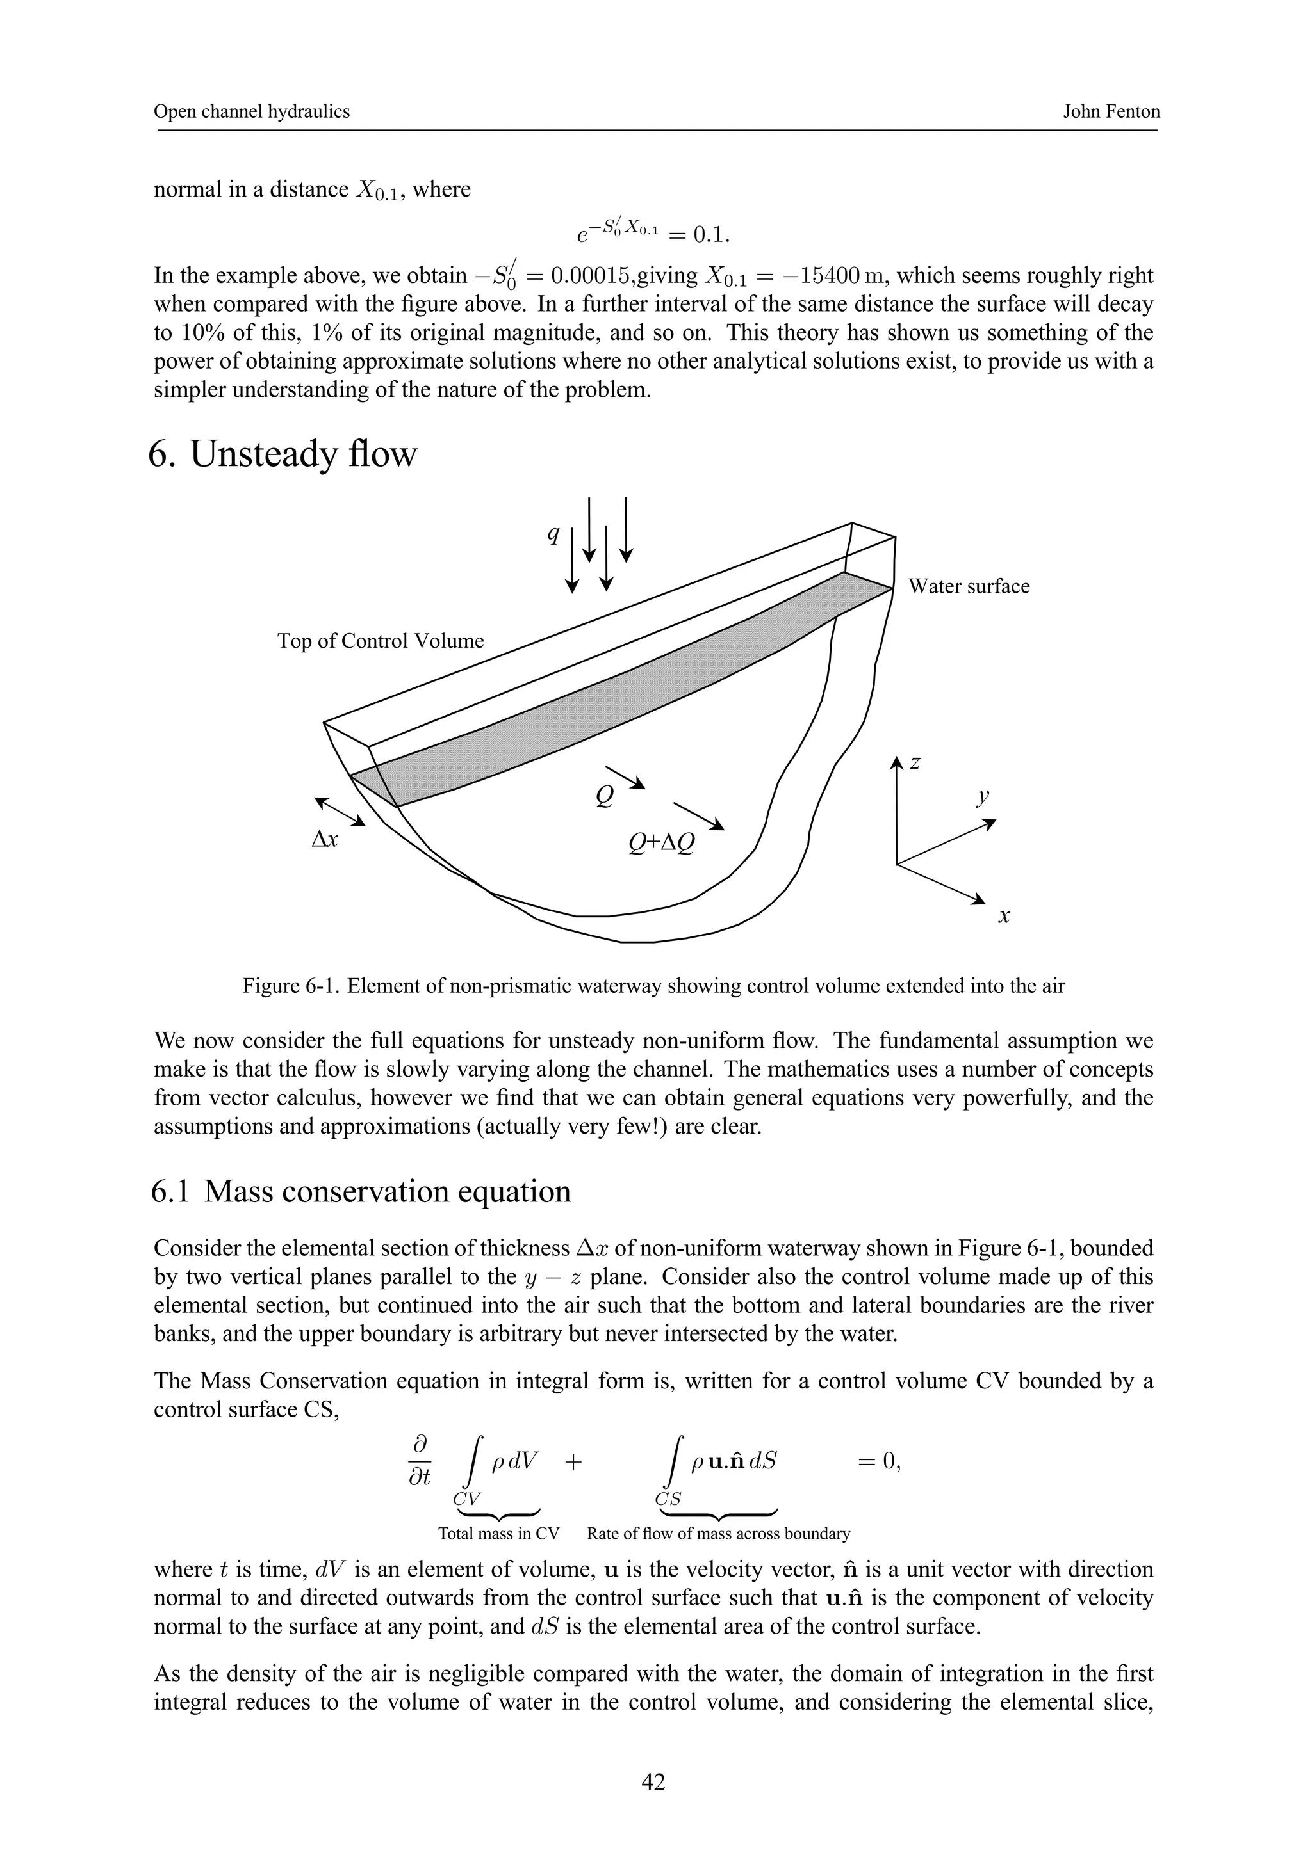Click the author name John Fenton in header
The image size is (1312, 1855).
tap(1111, 111)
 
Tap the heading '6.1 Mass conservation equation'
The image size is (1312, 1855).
tap(361, 1192)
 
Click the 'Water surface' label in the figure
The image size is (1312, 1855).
tap(969, 586)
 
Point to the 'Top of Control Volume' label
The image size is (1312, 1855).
tap(380, 641)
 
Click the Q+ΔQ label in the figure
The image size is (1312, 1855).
tap(661, 844)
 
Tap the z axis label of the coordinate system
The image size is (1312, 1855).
tap(915, 762)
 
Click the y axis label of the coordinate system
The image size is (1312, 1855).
tap(983, 797)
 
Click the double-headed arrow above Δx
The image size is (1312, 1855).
tap(340, 811)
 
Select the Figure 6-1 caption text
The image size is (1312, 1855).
tap(653, 986)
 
